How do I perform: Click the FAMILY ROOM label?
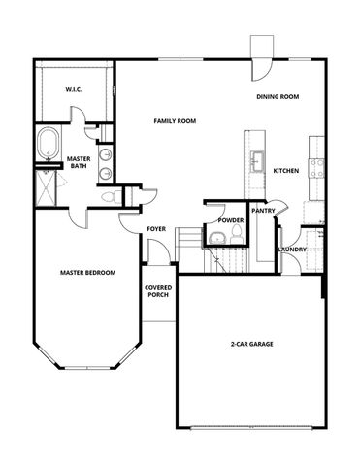click(174, 121)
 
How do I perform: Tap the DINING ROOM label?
click(277, 97)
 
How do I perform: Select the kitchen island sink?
click(258, 159)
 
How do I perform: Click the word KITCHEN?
click(286, 171)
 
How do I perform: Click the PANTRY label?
click(262, 210)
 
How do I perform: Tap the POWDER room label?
click(230, 220)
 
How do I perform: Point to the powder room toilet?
click(213, 239)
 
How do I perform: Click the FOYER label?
click(156, 229)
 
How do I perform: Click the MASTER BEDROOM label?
click(87, 273)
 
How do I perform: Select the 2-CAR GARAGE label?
click(251, 346)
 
